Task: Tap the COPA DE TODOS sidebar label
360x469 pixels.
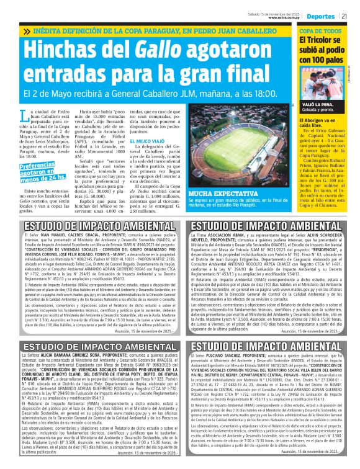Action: click(x=322, y=31)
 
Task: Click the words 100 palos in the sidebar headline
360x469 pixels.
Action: click(x=323, y=61)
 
